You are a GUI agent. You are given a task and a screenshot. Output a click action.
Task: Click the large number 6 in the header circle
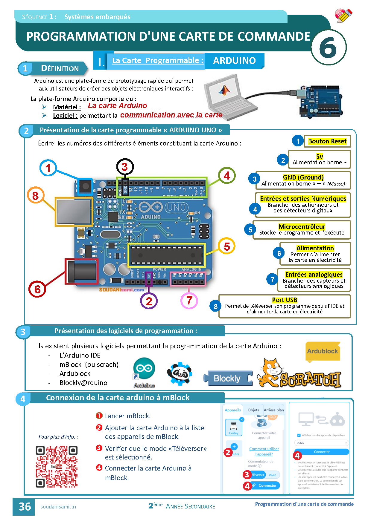pyautogui.click(x=328, y=48)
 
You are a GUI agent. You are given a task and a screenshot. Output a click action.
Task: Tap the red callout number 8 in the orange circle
pyautogui.click(x=36, y=196)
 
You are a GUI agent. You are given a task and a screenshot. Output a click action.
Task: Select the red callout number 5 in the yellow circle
pyautogui.click(x=227, y=246)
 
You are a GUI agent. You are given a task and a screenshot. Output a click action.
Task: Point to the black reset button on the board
pyautogui.click(x=86, y=186)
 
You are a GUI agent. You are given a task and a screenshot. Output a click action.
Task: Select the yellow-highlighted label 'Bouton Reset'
pyautogui.click(x=327, y=141)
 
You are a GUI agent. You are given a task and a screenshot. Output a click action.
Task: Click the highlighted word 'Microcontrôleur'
pyautogui.click(x=302, y=226)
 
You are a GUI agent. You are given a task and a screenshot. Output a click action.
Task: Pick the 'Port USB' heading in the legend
pyautogui.click(x=285, y=300)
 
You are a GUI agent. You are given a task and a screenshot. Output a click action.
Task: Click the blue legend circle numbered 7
pyautogui.click(x=272, y=280)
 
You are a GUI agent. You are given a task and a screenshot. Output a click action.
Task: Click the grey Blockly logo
pyautogui.click(x=228, y=379)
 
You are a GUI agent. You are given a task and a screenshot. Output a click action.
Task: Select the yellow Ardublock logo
pyautogui.click(x=323, y=351)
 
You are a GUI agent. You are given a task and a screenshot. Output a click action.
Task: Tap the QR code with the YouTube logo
pyautogui.click(x=57, y=466)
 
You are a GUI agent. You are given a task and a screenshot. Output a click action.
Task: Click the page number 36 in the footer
pyautogui.click(x=25, y=507)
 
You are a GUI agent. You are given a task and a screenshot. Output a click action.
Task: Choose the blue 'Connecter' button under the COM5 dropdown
pyautogui.click(x=322, y=452)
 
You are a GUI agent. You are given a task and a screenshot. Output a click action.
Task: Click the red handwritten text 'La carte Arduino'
pyautogui.click(x=117, y=106)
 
